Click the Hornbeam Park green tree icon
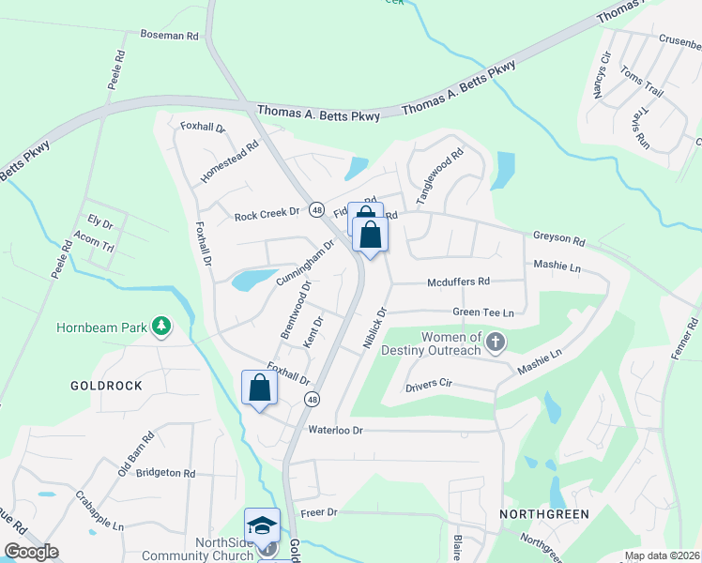click(x=162, y=327)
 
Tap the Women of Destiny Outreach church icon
click(x=496, y=343)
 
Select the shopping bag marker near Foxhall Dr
click(x=259, y=388)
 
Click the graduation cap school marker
click(x=263, y=525)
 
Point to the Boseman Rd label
click(x=170, y=35)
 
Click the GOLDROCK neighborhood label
click(x=106, y=386)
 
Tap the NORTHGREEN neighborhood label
click(x=543, y=514)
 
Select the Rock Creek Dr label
click(x=267, y=214)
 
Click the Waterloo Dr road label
click(x=335, y=430)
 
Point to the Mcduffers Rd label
click(x=459, y=281)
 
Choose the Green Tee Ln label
click(x=483, y=312)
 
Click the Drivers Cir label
click(x=429, y=385)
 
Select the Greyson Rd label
click(x=558, y=239)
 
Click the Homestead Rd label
click(x=229, y=163)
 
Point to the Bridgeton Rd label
click(x=164, y=474)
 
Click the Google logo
click(x=31, y=552)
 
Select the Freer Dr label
click(x=319, y=513)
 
